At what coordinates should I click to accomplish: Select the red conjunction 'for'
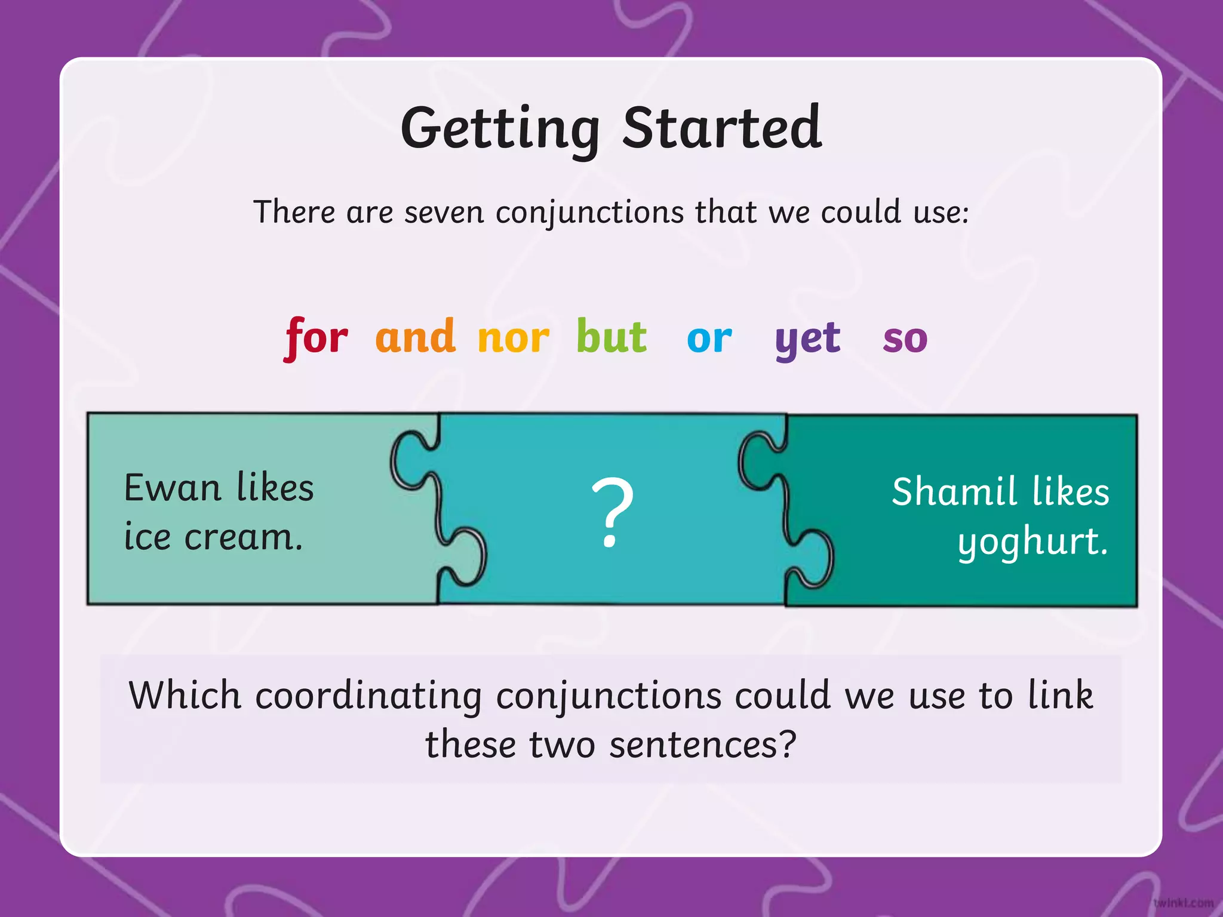point(316,338)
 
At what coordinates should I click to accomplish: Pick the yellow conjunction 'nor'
point(513,339)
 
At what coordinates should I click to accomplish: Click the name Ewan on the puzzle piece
point(173,488)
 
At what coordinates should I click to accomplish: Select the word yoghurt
point(1033,542)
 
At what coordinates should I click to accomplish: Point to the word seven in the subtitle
point(444,212)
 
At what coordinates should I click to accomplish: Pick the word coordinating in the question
point(368,696)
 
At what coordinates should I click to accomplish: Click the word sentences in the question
point(703,745)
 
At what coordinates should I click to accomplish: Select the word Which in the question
point(185,696)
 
